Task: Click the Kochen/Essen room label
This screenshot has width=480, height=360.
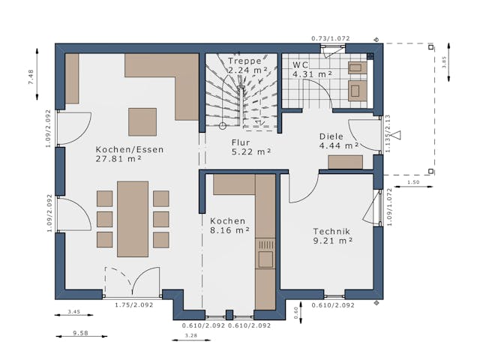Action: (x=129, y=149)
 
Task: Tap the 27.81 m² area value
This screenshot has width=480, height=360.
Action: (x=119, y=159)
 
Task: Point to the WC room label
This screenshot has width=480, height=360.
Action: (x=301, y=65)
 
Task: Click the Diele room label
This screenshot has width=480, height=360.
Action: (x=331, y=136)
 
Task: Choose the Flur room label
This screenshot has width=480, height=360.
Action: (x=241, y=142)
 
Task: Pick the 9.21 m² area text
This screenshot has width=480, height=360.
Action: (x=333, y=241)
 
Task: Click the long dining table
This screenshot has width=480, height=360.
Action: (x=133, y=218)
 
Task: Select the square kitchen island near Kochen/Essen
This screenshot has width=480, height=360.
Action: (x=142, y=121)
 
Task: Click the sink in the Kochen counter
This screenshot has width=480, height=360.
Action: (x=265, y=258)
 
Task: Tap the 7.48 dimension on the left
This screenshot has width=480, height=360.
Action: (x=31, y=78)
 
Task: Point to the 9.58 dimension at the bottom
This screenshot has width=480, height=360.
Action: (x=79, y=333)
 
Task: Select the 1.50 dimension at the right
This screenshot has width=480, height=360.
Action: (x=413, y=182)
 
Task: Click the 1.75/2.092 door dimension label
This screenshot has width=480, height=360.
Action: (x=133, y=305)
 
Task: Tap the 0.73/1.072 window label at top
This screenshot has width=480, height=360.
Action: (x=331, y=37)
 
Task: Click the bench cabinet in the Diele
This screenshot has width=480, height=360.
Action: (x=345, y=162)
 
